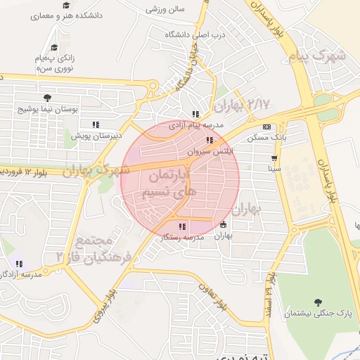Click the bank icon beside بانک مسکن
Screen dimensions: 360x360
point(266,127)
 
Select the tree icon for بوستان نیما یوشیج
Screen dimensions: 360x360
point(47,98)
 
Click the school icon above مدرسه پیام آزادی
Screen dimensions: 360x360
point(195,114)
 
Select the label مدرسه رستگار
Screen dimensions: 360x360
point(182,238)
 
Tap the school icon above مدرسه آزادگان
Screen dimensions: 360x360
point(19,264)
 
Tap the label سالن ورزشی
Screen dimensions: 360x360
point(165,10)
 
